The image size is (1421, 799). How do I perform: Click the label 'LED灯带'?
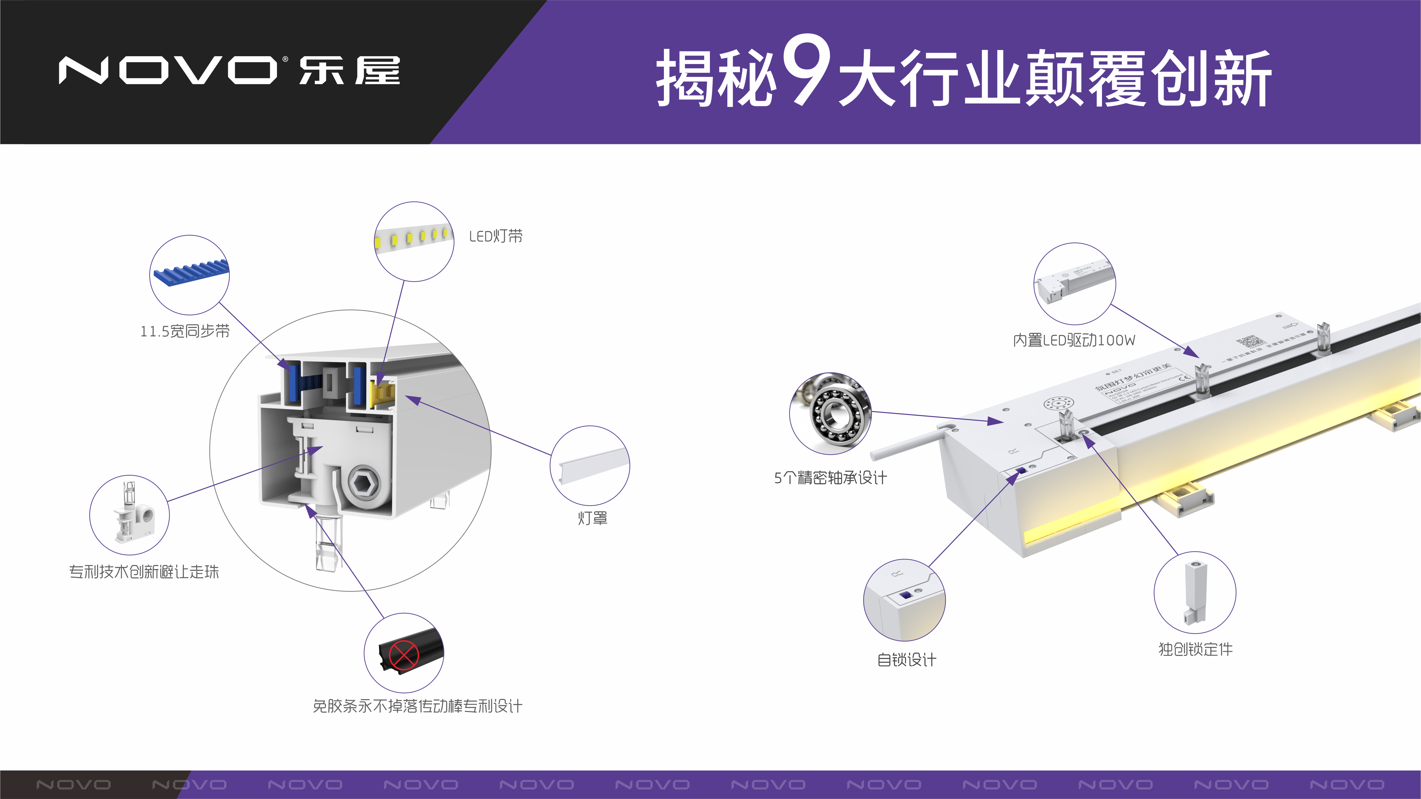(x=495, y=237)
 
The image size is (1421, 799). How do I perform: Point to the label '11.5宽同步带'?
(x=185, y=331)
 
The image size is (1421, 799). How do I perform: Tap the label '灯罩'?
(x=592, y=518)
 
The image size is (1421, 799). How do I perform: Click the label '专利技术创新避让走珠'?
(x=144, y=572)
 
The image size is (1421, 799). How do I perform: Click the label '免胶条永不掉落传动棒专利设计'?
(x=417, y=706)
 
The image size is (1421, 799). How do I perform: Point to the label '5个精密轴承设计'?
(x=830, y=478)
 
